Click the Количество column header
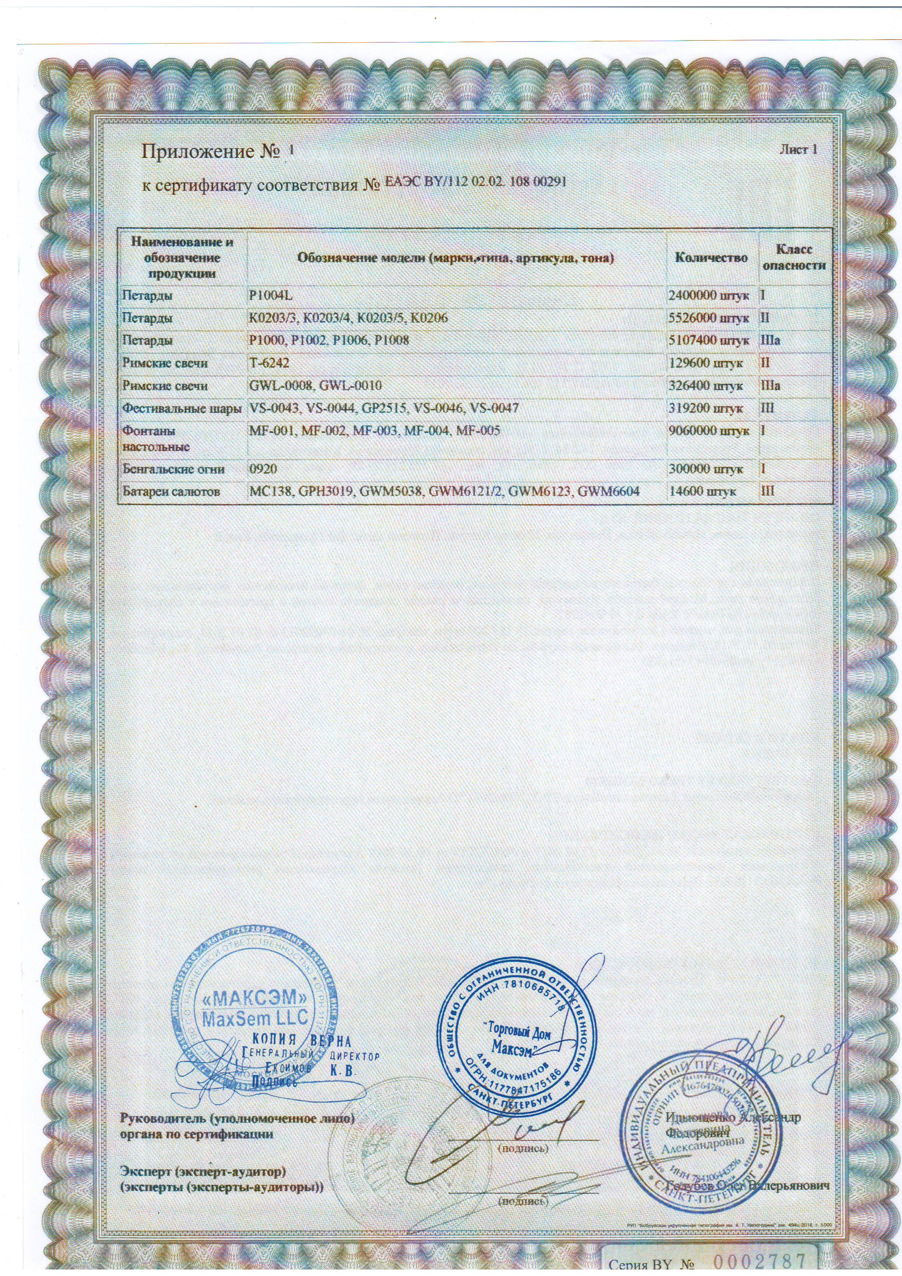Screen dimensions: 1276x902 pyautogui.click(x=711, y=257)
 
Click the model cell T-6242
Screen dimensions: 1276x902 pyautogui.click(x=270, y=363)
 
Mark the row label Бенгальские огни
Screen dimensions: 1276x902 pyautogui.click(x=174, y=469)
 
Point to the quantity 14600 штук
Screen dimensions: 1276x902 pyautogui.click(x=703, y=491)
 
